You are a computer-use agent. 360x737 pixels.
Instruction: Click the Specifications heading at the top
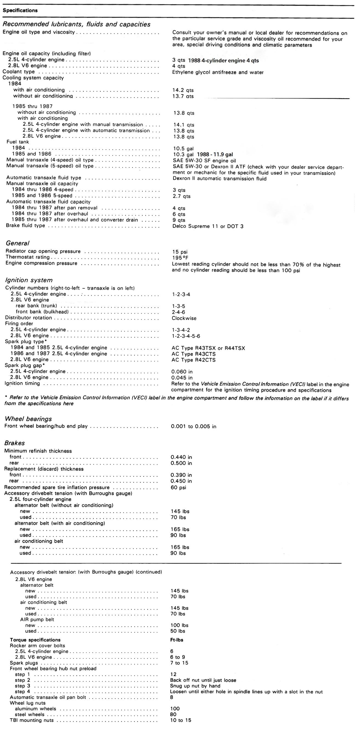point(20,11)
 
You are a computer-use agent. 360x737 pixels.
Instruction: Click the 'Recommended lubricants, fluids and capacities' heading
point(76,24)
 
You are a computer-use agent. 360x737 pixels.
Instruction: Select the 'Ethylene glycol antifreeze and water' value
point(218,72)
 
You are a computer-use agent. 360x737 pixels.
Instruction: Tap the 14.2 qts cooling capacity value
point(183,90)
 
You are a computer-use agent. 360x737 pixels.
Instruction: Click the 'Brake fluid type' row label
point(26,225)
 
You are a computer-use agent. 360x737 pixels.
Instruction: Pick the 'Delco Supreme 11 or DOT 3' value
point(208,227)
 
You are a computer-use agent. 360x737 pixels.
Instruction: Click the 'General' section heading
point(18,243)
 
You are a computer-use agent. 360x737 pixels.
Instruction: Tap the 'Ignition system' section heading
point(29,280)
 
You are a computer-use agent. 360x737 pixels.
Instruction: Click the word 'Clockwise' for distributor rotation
point(184,318)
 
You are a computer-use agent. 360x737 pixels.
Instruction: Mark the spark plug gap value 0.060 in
point(182,372)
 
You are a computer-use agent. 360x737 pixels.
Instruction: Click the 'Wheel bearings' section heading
point(28,419)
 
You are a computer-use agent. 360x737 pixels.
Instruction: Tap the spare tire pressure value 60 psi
point(178,487)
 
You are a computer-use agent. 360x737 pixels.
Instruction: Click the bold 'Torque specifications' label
point(35,640)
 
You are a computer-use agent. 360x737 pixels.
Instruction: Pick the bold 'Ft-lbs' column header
point(176,640)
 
